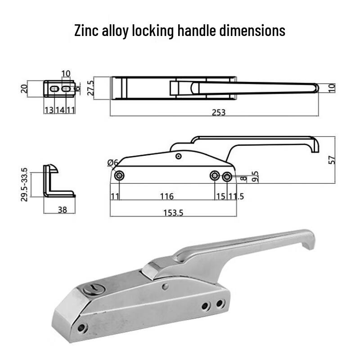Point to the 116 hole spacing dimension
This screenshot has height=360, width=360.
point(166,197)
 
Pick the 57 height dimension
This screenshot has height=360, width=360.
point(332,159)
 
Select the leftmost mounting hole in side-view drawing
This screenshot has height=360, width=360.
point(119,176)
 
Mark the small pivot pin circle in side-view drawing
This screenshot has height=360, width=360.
point(179,156)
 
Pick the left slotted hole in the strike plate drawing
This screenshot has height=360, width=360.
point(54,90)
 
